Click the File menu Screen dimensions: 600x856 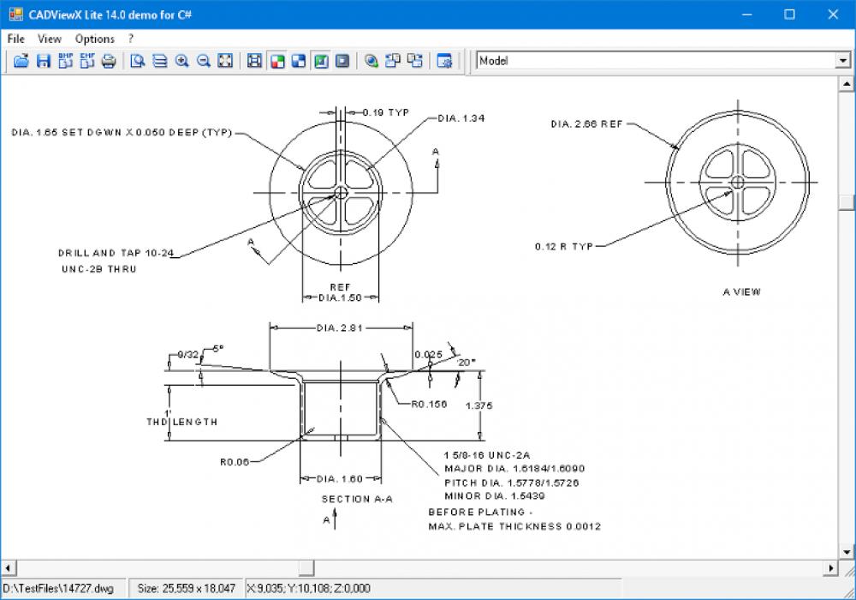[15, 39]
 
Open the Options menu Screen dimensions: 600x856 [94, 39]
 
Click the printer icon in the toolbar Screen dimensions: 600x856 [109, 61]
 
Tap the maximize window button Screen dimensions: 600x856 [789, 14]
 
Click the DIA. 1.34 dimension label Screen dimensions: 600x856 [461, 118]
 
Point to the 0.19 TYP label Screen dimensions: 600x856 [386, 112]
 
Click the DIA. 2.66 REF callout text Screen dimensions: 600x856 [586, 124]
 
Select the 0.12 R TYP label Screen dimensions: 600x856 [564, 247]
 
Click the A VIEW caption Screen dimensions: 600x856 [741, 292]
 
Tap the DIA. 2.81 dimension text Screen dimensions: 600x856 [341, 327]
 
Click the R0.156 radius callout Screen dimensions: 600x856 [427, 404]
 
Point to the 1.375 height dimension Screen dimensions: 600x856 [479, 406]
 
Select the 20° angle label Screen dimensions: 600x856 [466, 363]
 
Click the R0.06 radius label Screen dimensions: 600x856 [234, 463]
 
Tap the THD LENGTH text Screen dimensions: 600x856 [181, 422]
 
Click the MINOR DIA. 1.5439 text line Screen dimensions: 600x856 [495, 496]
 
